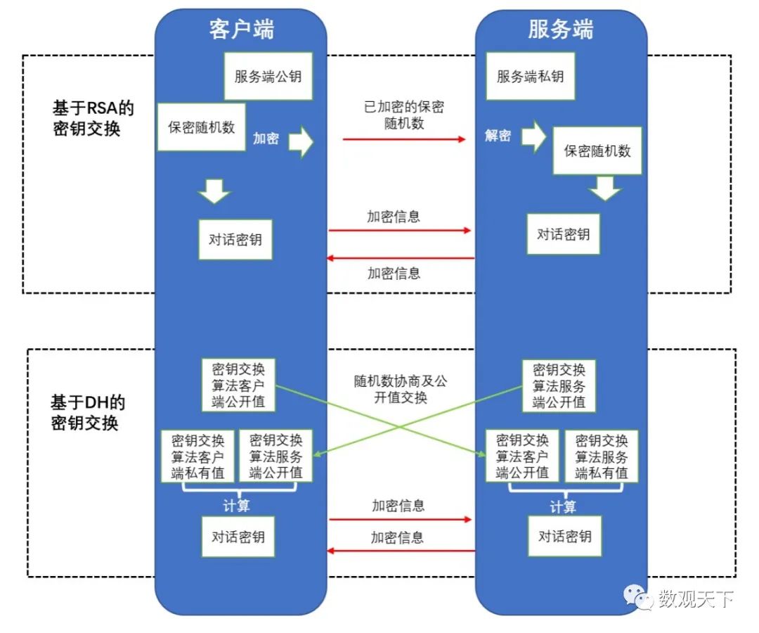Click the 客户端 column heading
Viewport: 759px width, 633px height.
[241, 30]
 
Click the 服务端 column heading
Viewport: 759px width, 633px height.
[560, 30]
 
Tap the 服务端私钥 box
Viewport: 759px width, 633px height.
[530, 76]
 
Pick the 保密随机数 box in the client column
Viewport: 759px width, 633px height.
[201, 127]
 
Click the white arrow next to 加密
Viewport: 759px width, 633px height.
[301, 141]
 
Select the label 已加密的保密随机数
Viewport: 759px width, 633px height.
[403, 115]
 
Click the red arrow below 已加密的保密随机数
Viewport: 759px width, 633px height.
[404, 139]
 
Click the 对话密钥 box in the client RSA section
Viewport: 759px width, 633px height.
[235, 240]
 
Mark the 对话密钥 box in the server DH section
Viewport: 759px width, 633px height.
[565, 537]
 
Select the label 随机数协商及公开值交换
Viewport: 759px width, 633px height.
[400, 389]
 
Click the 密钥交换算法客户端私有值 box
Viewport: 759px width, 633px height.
[197, 456]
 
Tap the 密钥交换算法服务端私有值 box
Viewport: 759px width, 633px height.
[602, 456]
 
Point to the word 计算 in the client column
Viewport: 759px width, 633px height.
[236, 506]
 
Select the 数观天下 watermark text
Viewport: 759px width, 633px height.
[696, 599]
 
